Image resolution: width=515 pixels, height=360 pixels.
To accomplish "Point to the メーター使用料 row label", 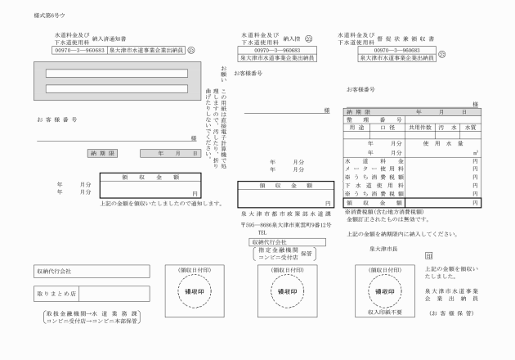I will click(x=374, y=169).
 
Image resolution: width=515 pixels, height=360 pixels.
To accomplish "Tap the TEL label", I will click(x=262, y=232).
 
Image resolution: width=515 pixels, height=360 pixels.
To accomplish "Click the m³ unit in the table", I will click(x=475, y=152).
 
